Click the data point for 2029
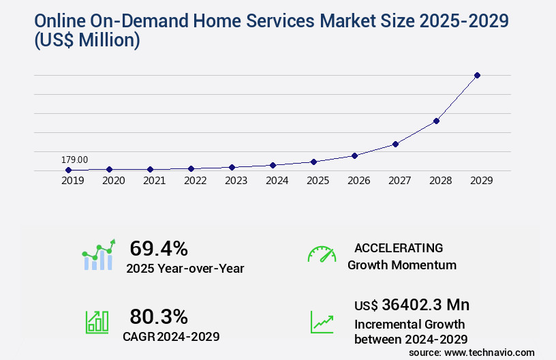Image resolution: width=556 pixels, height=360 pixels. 477,75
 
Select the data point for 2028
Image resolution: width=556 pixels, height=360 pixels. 436,121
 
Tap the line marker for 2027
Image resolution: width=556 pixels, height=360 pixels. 395,144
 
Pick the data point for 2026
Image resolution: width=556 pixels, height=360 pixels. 354,155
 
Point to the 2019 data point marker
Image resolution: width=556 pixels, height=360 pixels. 68,170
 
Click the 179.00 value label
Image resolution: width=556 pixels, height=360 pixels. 74,160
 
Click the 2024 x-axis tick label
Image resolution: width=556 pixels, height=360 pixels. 277,181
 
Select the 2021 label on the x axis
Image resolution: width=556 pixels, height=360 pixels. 154,181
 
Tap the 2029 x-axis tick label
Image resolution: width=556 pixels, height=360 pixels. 481,181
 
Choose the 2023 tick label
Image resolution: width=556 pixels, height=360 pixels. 236,181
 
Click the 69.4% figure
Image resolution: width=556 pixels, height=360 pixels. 159,248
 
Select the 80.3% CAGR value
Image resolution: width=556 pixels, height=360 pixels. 159,316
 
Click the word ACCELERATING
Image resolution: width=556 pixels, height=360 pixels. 399,247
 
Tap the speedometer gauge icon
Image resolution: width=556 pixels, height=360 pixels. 322,254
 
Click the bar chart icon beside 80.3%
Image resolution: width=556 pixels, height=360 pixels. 97,321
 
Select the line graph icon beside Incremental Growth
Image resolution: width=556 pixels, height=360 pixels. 322,321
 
